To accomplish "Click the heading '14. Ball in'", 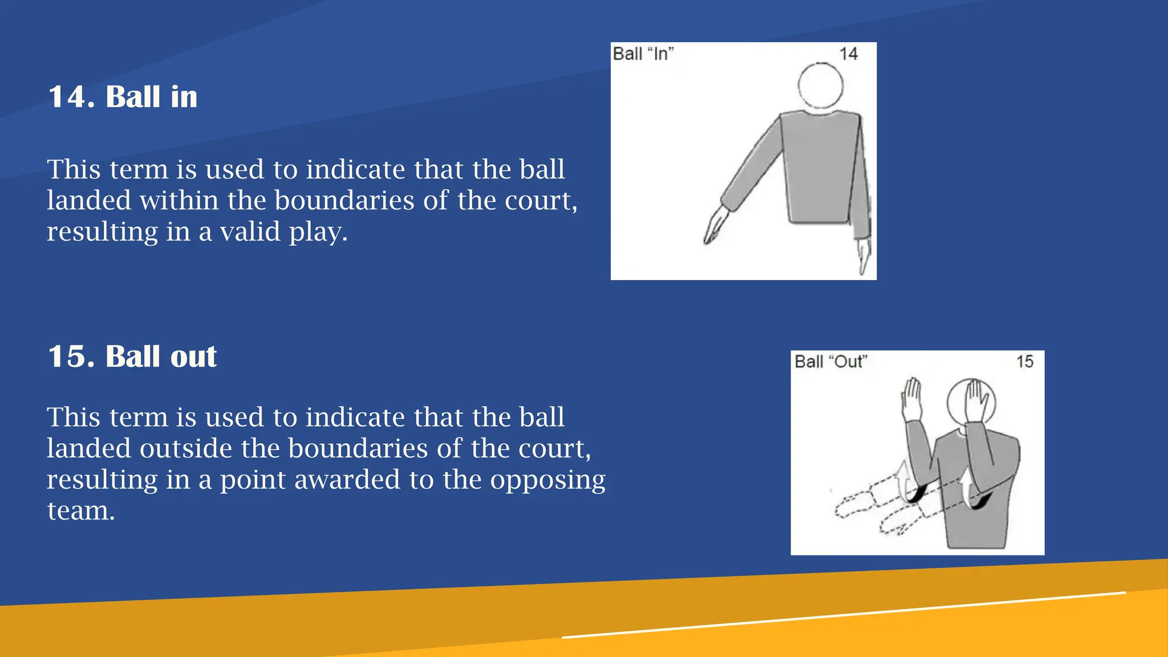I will [123, 96].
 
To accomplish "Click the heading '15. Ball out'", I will [132, 356].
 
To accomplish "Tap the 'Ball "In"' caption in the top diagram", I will [643, 54].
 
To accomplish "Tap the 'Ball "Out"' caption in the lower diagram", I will [831, 362].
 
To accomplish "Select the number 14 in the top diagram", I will [849, 54].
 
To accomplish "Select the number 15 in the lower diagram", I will [1024, 362].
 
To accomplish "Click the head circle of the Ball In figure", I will [820, 86].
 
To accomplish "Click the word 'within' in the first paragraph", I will [179, 200].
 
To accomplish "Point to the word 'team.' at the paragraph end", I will [81, 511].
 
